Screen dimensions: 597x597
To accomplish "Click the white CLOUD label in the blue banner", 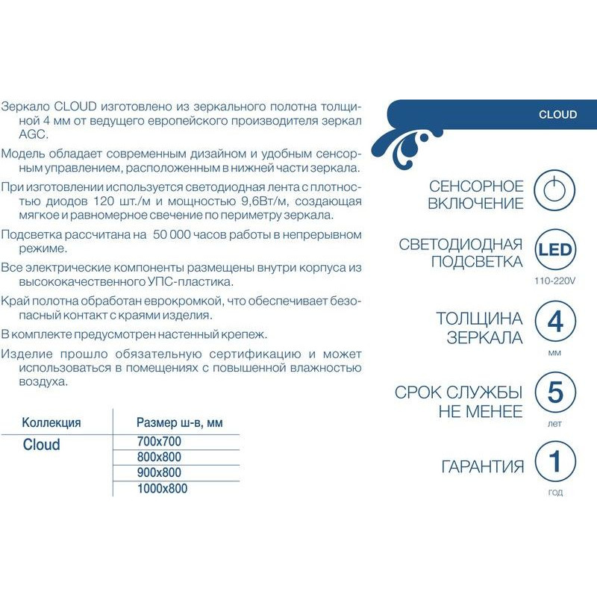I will (x=557, y=114).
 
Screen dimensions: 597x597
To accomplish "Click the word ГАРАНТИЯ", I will (x=482, y=467).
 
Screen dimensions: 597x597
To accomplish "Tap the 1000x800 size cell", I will (x=162, y=489).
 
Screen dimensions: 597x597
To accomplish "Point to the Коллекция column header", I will (x=51, y=422).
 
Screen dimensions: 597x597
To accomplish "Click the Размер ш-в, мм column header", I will (x=179, y=422).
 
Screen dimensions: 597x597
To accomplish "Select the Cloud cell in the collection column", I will (x=41, y=445).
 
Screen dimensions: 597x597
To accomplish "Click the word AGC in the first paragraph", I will (x=15, y=135).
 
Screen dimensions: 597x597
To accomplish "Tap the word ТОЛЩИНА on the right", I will (x=479, y=319).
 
